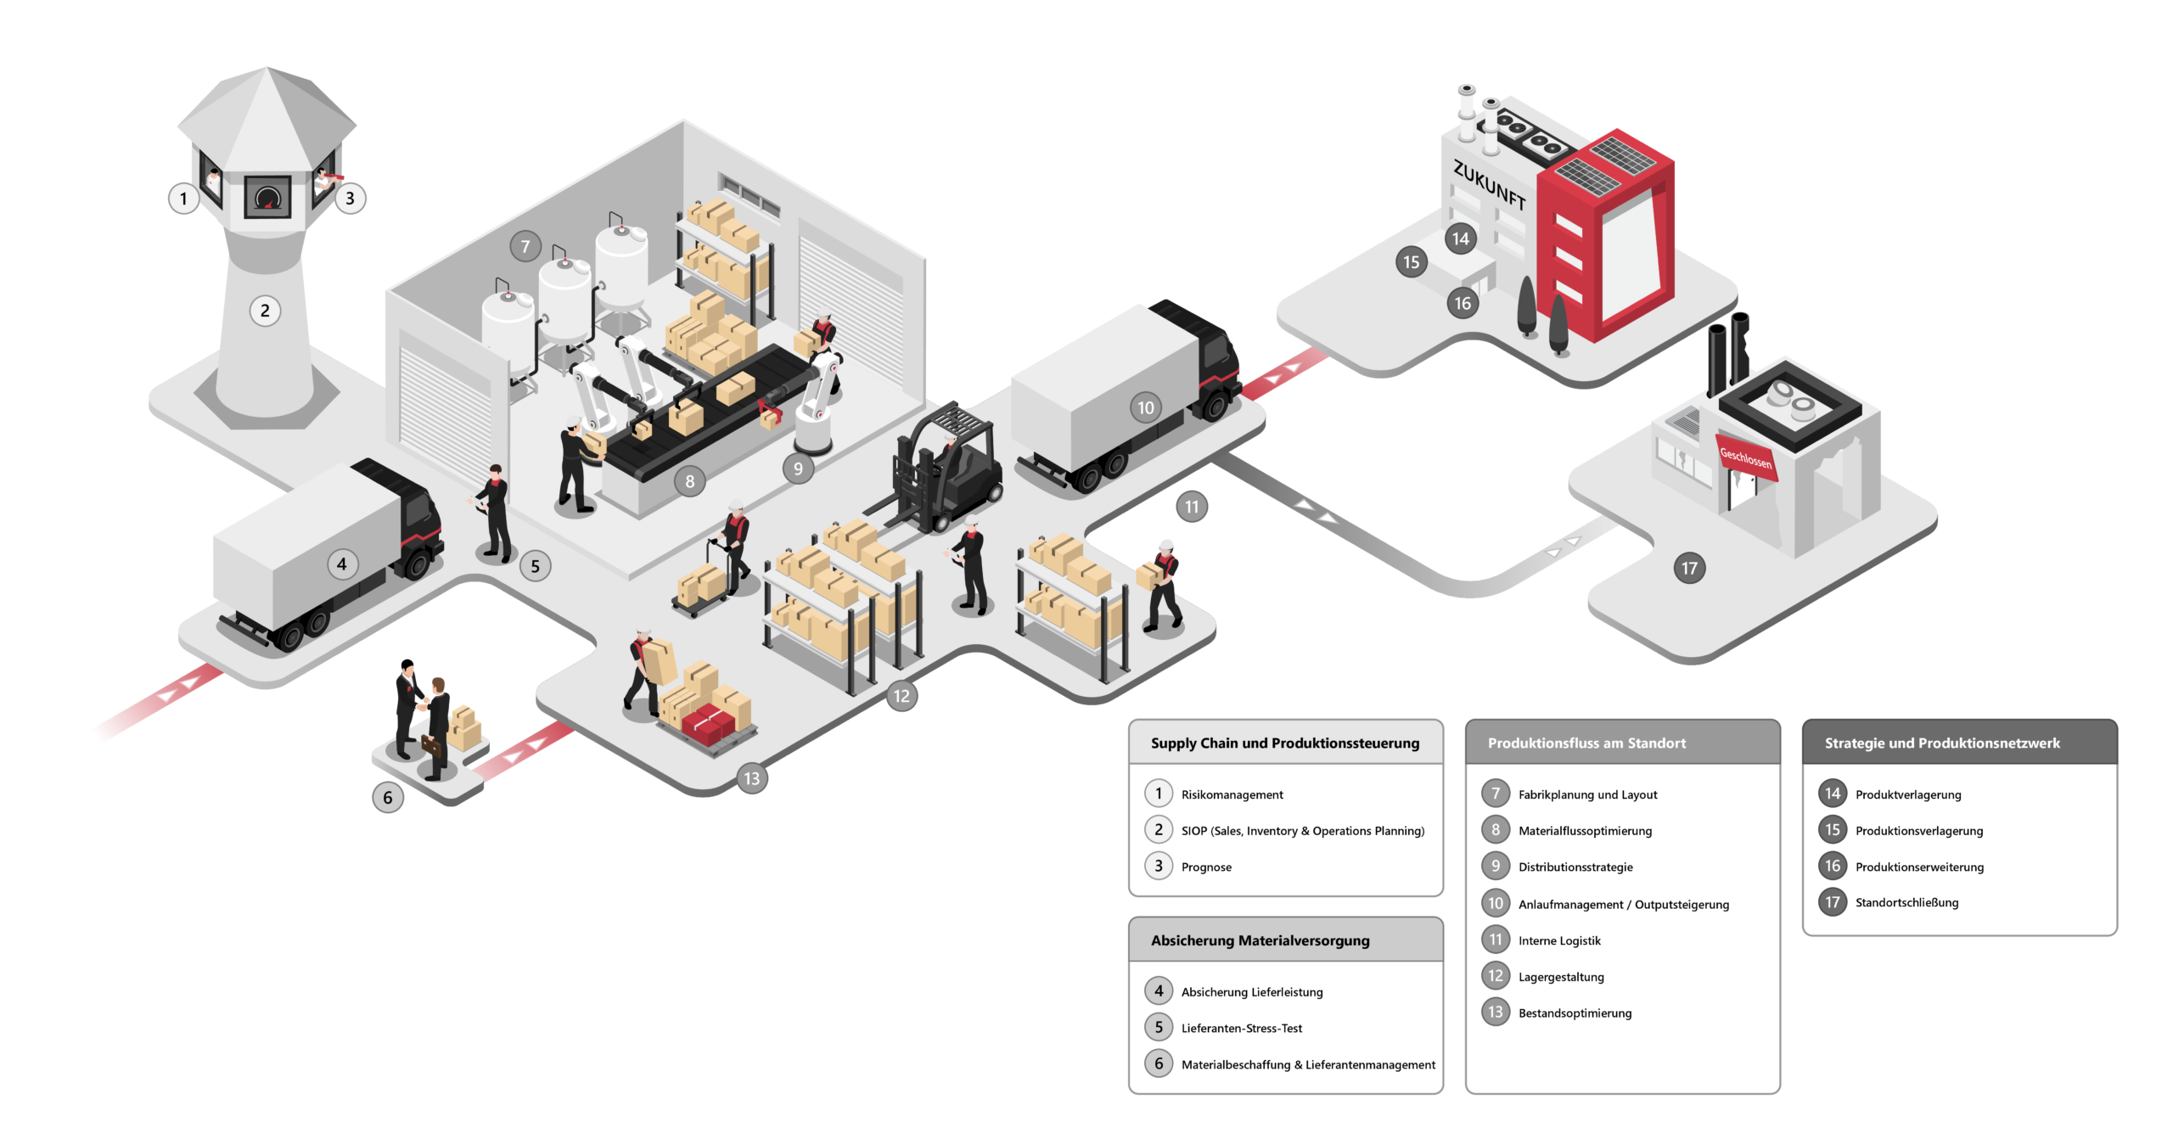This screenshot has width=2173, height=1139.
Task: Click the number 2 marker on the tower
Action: [265, 311]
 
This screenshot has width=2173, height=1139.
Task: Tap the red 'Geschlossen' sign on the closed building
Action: [1745, 457]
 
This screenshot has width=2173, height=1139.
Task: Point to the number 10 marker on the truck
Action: [1145, 408]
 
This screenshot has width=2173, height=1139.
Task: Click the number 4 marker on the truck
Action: [341, 564]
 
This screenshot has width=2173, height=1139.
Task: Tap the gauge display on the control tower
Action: [267, 197]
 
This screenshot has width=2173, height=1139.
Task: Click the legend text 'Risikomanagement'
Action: [1232, 795]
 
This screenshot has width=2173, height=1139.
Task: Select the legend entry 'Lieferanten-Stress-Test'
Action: [1241, 1029]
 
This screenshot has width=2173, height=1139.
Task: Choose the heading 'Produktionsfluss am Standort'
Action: [1586, 743]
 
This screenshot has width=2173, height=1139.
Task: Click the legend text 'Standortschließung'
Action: [1906, 903]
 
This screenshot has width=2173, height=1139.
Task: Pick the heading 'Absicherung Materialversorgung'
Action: [1260, 940]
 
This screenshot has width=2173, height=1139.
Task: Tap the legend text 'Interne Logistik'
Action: [1559, 941]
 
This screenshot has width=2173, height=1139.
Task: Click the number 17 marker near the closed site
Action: [1689, 569]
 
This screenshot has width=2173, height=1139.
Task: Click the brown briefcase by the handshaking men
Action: [431, 746]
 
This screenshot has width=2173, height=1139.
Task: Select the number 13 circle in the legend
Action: [1496, 1013]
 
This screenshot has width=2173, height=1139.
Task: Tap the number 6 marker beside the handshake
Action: [388, 798]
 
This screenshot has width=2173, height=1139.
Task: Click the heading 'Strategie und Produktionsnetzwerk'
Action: [1941, 743]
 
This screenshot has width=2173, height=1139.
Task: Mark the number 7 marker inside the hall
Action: [525, 247]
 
